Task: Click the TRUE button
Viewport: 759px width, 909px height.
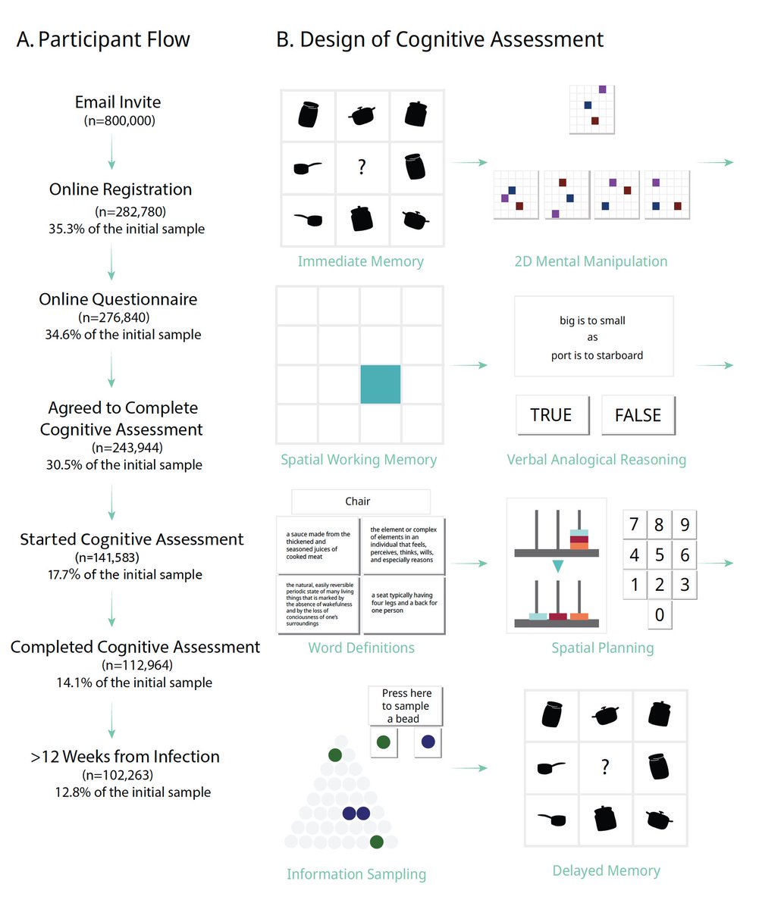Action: click(550, 414)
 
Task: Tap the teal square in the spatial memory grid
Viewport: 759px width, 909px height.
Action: click(380, 384)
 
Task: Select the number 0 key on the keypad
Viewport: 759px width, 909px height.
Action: click(660, 614)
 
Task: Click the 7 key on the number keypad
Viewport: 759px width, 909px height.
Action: click(635, 524)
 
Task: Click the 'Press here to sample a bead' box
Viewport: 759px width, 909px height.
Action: click(406, 706)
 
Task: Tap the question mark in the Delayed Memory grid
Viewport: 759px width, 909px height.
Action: click(605, 767)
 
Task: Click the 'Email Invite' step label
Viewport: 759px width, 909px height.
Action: click(118, 102)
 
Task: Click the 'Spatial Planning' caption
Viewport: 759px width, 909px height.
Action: click(603, 648)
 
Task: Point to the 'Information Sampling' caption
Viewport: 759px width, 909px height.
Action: click(356, 874)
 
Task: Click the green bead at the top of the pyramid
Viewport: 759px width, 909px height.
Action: click(334, 754)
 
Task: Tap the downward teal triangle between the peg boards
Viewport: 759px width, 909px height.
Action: click(558, 566)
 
